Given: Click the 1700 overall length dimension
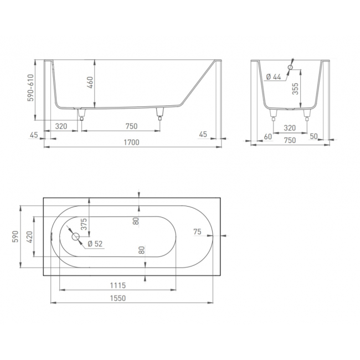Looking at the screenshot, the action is click(x=132, y=142).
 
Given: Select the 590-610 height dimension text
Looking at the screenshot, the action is click(x=30, y=88).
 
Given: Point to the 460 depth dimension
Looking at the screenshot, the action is click(x=90, y=83).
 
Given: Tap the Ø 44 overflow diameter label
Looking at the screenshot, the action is click(x=274, y=76).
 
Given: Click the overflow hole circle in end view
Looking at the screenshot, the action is click(x=290, y=67).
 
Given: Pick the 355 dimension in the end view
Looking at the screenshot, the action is click(x=295, y=89).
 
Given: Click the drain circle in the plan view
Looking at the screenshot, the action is click(x=75, y=236).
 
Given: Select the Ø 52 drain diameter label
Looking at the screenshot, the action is click(x=95, y=244).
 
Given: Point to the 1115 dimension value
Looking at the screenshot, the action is click(x=118, y=285).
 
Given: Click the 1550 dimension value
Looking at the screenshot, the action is click(x=118, y=298).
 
